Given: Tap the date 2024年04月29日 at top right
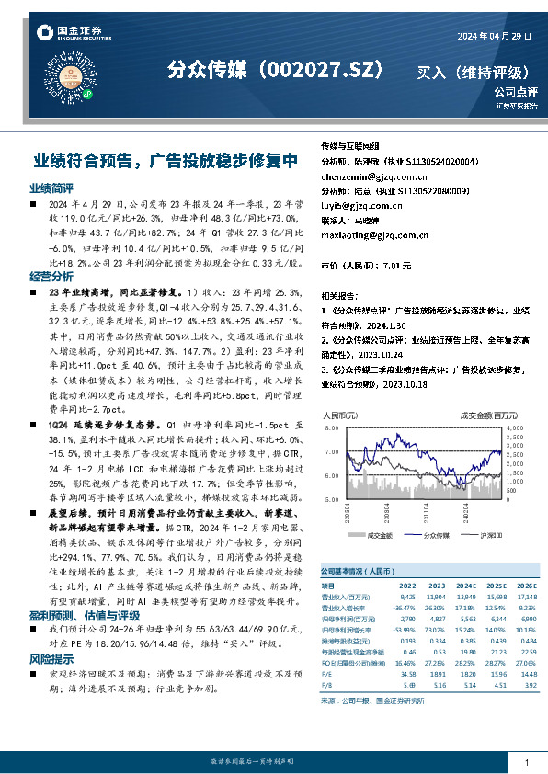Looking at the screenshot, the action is coord(494,36).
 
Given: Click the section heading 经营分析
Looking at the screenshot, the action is coord(51,276).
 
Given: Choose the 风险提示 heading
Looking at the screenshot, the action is coord(51,633).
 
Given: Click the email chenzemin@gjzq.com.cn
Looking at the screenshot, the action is coord(367,176).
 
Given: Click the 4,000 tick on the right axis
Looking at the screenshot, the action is coord(515,428).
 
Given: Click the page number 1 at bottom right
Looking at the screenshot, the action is coord(526,763).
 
